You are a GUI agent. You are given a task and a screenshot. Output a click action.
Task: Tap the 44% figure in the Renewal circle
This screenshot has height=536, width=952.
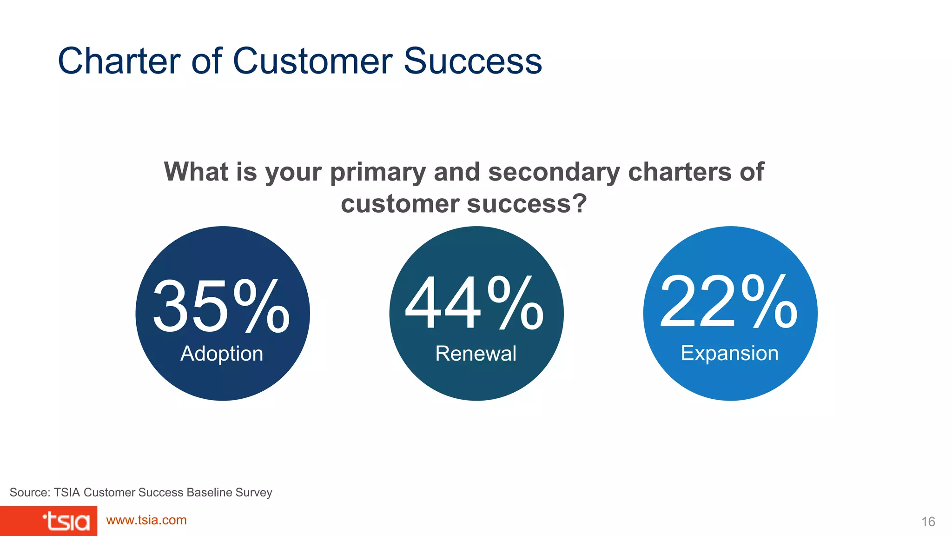[475, 303]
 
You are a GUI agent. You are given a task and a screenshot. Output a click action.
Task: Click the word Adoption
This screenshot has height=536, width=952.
[222, 354]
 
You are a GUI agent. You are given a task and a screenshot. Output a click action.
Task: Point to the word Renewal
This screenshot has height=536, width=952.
[476, 354]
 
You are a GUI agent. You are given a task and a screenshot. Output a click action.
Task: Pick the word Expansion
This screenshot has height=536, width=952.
[729, 353]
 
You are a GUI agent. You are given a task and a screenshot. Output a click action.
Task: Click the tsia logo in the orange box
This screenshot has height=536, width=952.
[66, 522]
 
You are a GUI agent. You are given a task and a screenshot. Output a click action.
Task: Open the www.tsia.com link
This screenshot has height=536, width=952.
[146, 520]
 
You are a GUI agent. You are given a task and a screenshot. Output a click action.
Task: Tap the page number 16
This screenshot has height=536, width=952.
[928, 522]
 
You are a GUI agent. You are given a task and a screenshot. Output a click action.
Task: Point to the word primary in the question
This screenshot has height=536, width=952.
[377, 173]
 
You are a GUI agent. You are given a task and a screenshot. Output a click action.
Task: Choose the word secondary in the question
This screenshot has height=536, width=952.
[554, 173]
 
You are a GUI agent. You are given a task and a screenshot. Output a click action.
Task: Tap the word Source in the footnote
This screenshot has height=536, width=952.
[28, 492]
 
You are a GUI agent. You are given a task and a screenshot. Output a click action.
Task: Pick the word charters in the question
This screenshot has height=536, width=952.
[680, 172]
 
